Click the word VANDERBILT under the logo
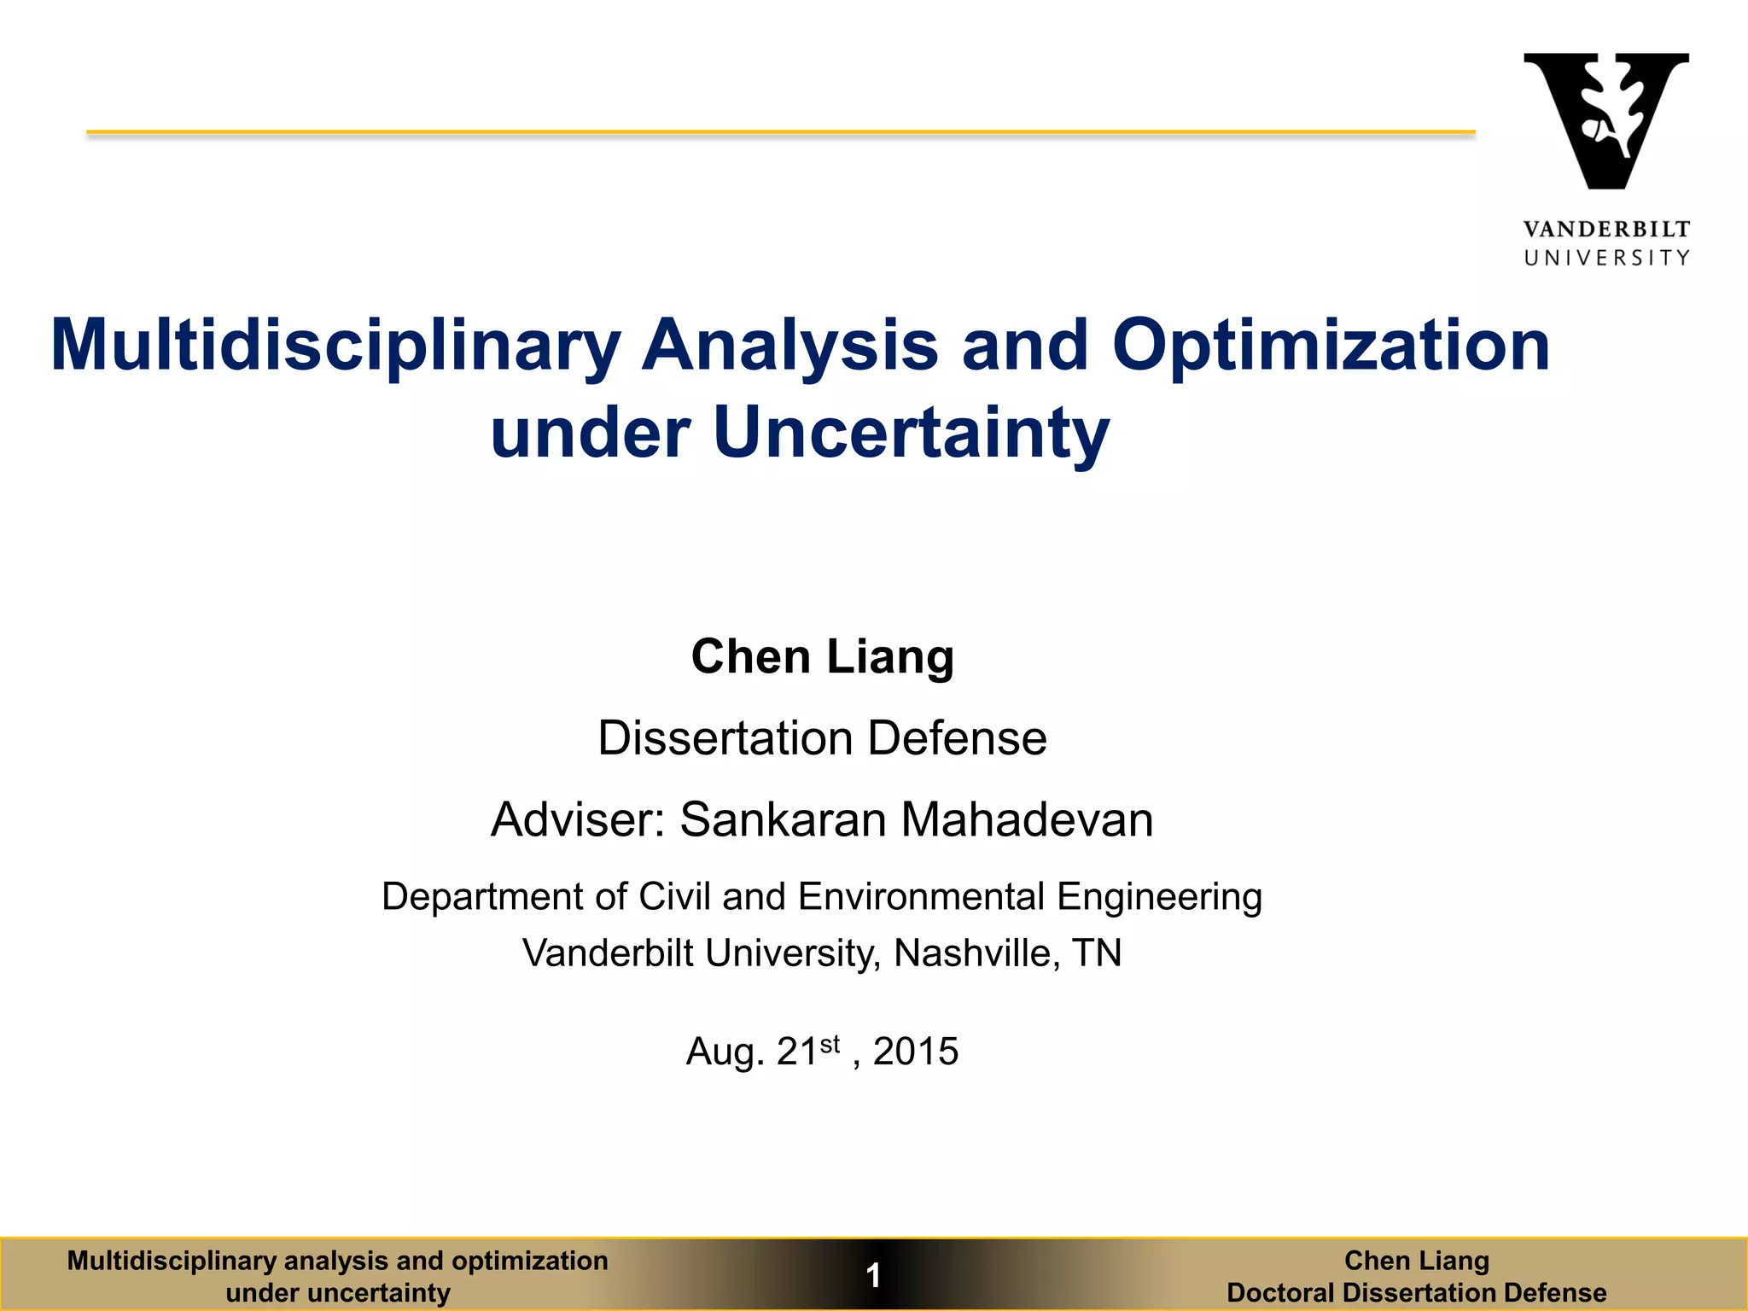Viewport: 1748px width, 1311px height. click(x=1605, y=229)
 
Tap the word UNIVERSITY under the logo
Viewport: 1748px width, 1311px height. click(x=1605, y=258)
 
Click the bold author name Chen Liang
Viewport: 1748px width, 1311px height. click(x=822, y=656)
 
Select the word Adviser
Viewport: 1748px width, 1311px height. click(x=576, y=819)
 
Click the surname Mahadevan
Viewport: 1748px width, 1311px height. click(x=1026, y=819)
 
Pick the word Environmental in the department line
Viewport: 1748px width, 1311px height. click(x=921, y=897)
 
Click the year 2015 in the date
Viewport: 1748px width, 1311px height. click(x=915, y=1051)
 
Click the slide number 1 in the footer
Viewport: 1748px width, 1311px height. click(x=873, y=1276)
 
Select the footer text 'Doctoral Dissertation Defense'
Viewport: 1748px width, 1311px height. click(x=1416, y=1292)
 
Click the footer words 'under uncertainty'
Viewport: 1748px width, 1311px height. click(x=338, y=1292)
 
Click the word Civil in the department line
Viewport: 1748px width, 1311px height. click(x=674, y=897)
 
